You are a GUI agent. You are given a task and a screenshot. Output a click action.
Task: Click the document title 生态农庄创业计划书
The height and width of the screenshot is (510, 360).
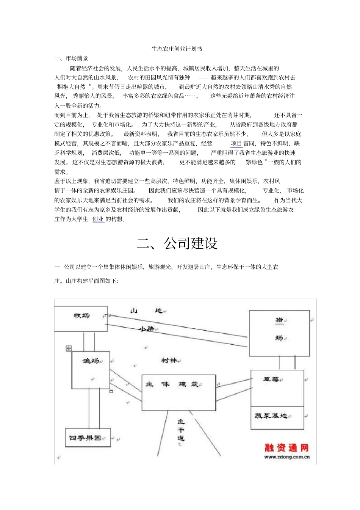(177, 49)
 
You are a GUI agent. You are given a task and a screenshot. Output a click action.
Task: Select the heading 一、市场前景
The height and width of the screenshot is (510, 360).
(71, 58)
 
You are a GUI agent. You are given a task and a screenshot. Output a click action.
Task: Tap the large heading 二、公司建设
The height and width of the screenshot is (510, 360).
(177, 243)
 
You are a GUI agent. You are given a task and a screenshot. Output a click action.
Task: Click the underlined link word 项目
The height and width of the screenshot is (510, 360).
(236, 143)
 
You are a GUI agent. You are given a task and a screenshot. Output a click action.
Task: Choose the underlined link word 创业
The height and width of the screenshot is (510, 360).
(98, 219)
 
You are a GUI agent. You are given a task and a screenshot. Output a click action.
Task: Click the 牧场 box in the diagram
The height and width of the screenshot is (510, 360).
(81, 315)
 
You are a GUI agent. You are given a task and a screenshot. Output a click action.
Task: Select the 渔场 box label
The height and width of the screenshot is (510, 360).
(91, 361)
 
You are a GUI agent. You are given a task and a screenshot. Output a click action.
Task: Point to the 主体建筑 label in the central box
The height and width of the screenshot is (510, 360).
(174, 384)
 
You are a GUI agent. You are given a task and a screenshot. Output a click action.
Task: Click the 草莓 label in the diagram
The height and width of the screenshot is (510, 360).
(271, 380)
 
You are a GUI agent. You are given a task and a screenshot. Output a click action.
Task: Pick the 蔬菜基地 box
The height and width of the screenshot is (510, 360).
(271, 416)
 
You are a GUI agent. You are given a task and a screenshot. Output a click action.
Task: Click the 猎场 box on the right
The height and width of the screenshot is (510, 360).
(279, 329)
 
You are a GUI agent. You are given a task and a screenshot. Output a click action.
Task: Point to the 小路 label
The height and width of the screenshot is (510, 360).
(146, 329)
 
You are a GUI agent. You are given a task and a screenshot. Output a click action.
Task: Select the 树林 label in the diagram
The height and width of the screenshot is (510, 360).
(169, 361)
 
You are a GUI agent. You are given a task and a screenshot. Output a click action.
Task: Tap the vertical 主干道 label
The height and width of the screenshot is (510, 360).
(181, 430)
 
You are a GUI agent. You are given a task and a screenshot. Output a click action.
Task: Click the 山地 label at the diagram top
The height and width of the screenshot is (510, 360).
(146, 311)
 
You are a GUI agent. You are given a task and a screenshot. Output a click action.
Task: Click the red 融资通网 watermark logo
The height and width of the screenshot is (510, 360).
(286, 448)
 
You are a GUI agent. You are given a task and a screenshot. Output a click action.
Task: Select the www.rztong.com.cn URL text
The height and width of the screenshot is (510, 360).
(287, 457)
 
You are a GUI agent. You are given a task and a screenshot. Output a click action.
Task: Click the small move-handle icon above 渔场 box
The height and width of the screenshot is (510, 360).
(69, 348)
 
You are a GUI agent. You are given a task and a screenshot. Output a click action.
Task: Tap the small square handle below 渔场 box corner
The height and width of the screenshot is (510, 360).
(111, 391)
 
